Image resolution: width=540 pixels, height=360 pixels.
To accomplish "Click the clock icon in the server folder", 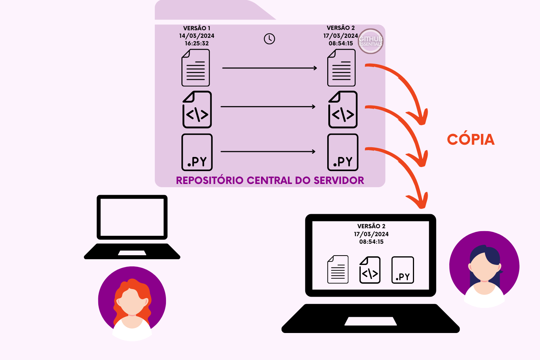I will [x=269, y=39].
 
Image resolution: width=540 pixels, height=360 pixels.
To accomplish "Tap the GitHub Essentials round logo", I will [x=370, y=41].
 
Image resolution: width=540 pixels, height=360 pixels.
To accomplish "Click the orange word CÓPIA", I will [x=471, y=140].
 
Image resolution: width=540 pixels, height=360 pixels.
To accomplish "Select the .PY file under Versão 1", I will [x=197, y=152].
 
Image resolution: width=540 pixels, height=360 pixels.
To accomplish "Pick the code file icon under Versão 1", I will [x=197, y=109].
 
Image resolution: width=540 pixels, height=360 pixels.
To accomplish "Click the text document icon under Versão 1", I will [x=196, y=68].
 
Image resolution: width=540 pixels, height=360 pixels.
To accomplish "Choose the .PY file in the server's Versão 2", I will [x=343, y=152].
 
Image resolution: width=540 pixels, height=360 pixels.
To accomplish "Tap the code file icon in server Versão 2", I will [x=343, y=109].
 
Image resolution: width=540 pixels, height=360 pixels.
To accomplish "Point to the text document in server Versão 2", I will [x=341, y=68].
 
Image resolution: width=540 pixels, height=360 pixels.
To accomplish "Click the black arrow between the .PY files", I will [x=268, y=152].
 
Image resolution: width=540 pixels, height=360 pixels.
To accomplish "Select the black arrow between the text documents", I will [x=269, y=68].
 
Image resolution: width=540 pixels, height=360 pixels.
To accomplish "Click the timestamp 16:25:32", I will [x=197, y=43].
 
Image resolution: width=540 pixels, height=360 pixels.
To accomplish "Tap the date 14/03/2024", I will [x=197, y=36].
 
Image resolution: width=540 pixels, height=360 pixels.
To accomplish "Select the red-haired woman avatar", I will [x=132, y=302].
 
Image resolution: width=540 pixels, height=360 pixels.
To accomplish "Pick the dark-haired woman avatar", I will [x=484, y=268].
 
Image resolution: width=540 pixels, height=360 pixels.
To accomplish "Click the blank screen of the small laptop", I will [x=132, y=217].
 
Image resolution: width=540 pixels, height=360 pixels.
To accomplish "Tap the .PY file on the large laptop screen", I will [x=402, y=270].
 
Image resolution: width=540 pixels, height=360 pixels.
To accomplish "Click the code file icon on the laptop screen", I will [x=370, y=270].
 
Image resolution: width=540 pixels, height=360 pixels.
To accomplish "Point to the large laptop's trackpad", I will [x=370, y=321].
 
